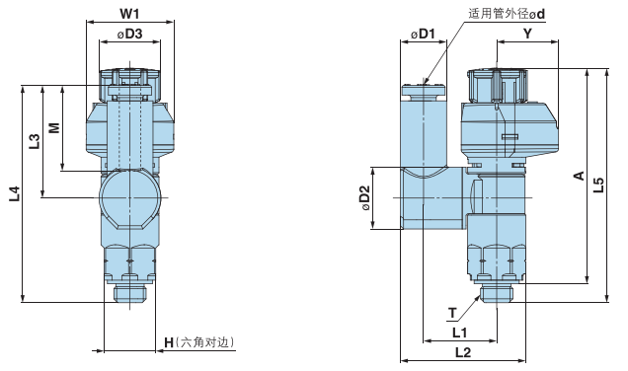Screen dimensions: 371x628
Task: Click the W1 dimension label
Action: (129, 14)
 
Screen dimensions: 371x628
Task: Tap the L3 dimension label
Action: (34, 141)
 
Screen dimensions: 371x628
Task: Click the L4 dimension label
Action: (12, 193)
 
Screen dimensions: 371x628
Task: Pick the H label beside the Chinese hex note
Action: (169, 342)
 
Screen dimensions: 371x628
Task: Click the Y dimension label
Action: (527, 35)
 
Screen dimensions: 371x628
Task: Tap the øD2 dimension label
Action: (364, 198)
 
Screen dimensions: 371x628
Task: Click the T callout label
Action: (452, 314)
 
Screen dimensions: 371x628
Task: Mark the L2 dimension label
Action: (461, 352)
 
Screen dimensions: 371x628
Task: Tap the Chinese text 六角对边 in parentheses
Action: (205, 342)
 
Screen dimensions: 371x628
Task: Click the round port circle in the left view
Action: (129, 197)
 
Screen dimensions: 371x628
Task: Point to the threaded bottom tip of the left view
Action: (129, 291)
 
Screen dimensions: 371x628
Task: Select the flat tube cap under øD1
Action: (425, 92)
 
